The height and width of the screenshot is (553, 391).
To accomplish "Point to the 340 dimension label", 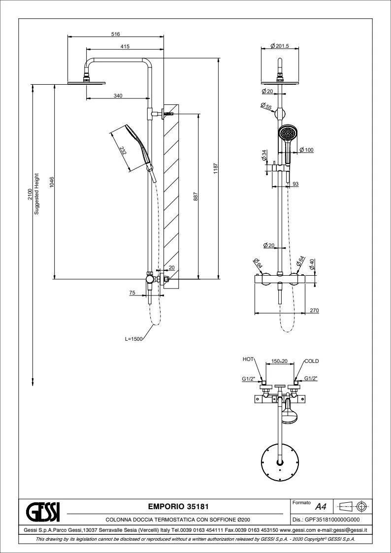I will pyautogui.click(x=118, y=96).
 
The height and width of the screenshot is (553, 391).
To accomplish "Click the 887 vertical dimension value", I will pyautogui.click(x=195, y=195).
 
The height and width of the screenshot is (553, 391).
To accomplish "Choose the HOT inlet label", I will pyautogui.click(x=248, y=360).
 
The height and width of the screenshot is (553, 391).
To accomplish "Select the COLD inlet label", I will pyautogui.click(x=312, y=361).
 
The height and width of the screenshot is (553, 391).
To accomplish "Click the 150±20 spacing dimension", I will pyautogui.click(x=280, y=361).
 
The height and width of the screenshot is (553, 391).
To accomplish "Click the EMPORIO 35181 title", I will pyautogui.click(x=176, y=506).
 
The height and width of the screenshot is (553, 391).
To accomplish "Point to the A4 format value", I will pyautogui.click(x=321, y=506).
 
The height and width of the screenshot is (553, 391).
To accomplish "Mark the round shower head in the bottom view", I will pyautogui.click(x=280, y=461).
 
